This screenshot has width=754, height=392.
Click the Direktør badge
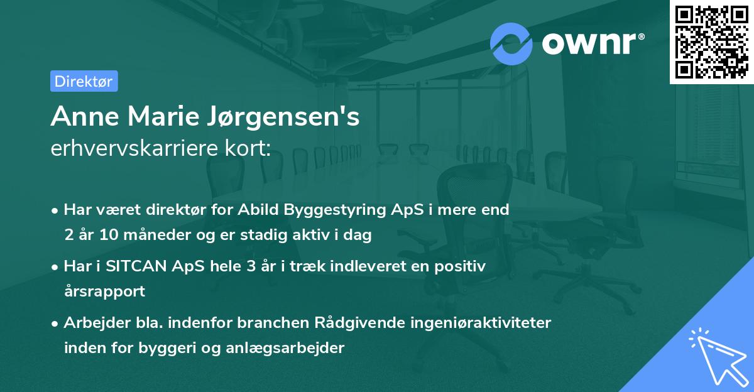pyautogui.click(x=84, y=81)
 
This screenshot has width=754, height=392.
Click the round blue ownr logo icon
pyautogui.click(x=511, y=43)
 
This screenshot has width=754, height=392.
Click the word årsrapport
pyautogui.click(x=104, y=291)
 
